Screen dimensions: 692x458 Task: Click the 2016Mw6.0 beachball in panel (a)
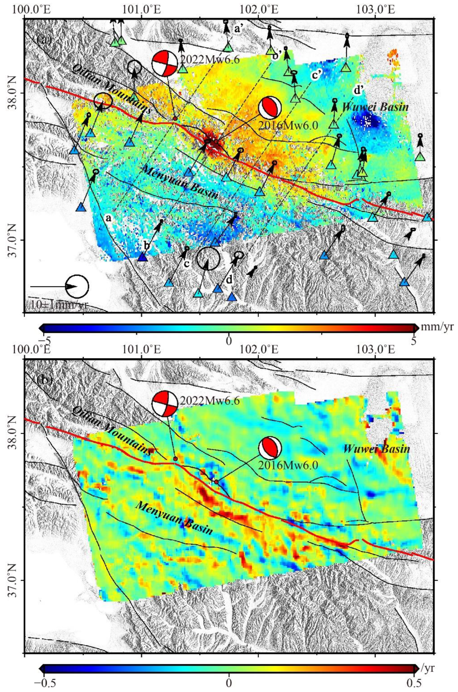[x=270, y=107]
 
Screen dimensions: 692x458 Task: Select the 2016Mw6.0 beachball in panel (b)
[x=270, y=448]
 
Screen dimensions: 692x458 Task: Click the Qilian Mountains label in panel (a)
[x=112, y=89]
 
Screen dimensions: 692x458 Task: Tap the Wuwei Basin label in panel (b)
[x=377, y=449]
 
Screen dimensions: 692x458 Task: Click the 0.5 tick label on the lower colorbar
[x=414, y=681]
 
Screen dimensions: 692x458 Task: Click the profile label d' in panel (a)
[x=359, y=89]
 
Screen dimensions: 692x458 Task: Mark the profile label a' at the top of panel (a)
[x=239, y=29]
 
